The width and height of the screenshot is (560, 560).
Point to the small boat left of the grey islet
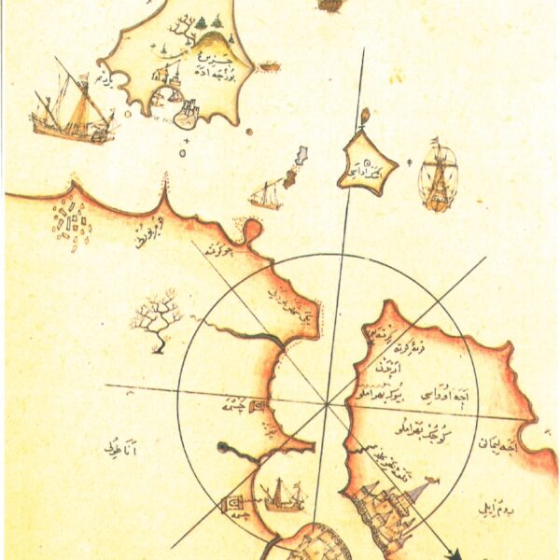coord(266,194)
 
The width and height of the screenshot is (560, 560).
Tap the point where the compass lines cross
coord(329,404)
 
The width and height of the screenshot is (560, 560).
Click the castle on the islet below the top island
coord(187,115)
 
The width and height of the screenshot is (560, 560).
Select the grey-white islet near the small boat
coord(299,163)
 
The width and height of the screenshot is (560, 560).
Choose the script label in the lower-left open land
coord(121,450)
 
